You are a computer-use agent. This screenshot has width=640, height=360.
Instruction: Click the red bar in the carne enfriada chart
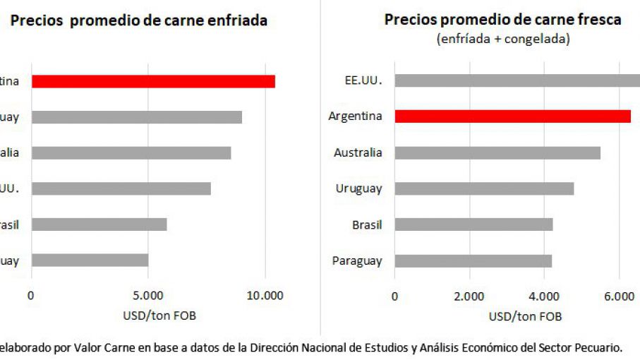(153, 81)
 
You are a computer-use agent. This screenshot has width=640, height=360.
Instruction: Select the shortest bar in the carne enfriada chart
(90, 260)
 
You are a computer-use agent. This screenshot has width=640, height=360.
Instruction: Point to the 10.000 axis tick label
(265, 296)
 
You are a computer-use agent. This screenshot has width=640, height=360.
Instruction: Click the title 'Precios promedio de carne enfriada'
(138, 21)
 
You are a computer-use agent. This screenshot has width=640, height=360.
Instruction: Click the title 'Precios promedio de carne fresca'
(502, 20)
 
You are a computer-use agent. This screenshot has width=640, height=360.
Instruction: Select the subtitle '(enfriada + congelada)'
(502, 39)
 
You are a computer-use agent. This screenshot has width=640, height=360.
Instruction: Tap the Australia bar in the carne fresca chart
(497, 152)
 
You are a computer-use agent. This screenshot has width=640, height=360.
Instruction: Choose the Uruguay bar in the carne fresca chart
(484, 188)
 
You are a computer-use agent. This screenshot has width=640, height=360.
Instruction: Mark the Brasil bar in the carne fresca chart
(473, 224)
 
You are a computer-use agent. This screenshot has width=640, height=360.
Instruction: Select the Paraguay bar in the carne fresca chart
(473, 260)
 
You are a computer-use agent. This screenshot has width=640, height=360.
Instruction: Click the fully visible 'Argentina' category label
(355, 116)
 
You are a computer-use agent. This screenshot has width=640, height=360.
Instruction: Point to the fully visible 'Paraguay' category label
(356, 260)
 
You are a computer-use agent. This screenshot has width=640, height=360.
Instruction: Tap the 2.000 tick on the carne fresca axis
(469, 296)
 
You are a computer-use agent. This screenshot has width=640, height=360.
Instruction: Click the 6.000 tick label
(619, 296)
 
